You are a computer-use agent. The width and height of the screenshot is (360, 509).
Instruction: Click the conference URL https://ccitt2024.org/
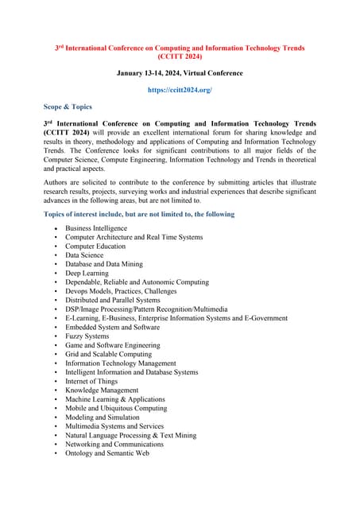point(180,91)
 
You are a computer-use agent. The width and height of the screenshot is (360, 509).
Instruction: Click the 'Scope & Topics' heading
point(68,107)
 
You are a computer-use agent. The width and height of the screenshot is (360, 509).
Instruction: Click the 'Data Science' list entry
point(84,255)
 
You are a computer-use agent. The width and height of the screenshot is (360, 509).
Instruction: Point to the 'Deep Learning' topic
point(87,273)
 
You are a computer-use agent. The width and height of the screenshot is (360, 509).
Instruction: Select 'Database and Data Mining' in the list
point(103,264)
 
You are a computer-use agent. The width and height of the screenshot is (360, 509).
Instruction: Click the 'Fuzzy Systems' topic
point(87,336)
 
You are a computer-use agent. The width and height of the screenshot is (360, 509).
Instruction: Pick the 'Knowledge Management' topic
point(102,390)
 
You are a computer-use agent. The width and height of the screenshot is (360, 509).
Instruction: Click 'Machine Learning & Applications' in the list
point(115,399)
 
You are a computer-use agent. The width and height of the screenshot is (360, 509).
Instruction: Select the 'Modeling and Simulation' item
point(102,418)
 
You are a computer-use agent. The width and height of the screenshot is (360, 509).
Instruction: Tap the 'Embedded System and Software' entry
point(112,327)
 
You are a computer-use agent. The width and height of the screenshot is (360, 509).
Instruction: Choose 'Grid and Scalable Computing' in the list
point(108,354)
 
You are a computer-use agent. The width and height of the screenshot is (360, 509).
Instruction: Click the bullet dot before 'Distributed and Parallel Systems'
point(56,301)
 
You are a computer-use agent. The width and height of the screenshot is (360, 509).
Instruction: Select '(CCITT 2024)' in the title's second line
point(180,57)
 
